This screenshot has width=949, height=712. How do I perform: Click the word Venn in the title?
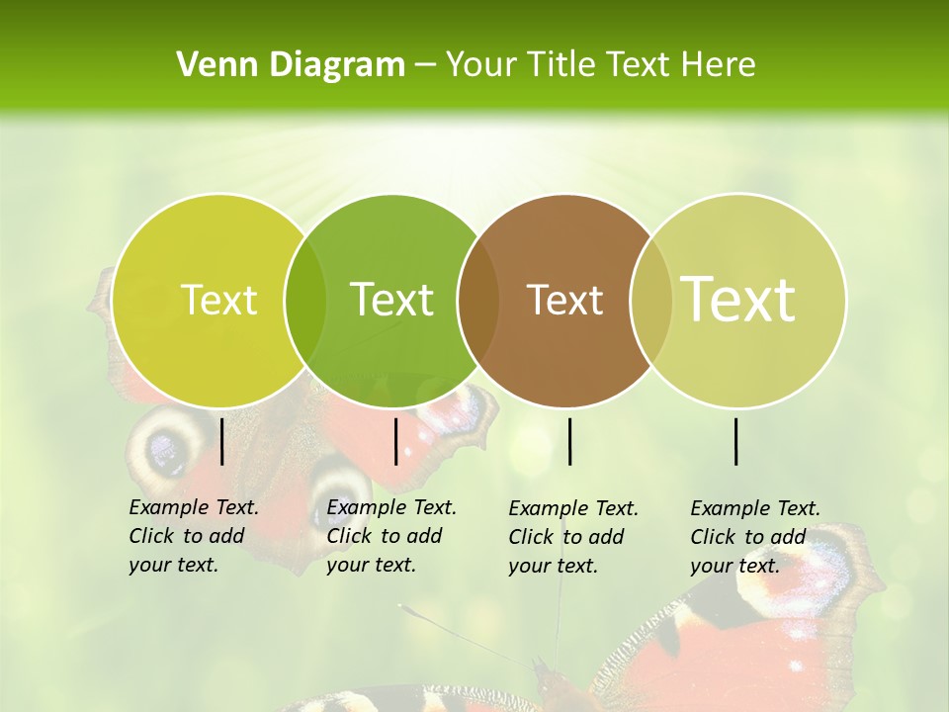215,65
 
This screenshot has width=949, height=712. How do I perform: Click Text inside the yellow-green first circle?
218,300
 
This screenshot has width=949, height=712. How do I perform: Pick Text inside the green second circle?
391,300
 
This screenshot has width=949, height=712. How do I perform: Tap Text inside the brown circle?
564,300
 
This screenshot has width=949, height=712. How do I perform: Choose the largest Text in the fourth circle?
738,300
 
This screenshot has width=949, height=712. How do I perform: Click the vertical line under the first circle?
222,441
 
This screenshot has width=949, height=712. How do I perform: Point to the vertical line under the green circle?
395,441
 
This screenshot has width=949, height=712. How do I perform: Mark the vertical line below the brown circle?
570,441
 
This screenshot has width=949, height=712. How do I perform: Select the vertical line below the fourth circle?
736,441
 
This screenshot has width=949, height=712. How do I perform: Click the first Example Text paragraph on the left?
193,536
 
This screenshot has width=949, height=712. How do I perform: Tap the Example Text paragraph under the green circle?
390,536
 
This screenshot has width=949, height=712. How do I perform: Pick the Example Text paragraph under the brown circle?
572,537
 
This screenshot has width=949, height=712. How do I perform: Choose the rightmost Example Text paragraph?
754,537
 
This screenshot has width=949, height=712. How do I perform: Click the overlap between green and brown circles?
478,301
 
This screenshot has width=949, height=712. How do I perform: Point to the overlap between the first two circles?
305,301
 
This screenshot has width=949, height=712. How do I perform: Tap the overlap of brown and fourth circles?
650,301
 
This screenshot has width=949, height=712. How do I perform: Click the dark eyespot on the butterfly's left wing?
166,450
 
